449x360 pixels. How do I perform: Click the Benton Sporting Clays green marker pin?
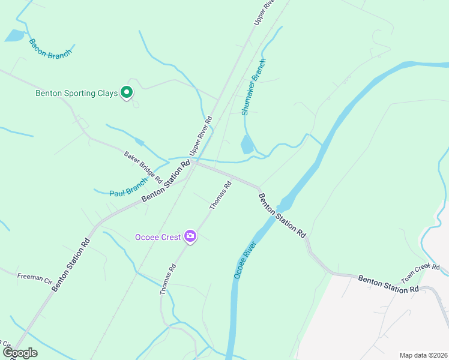127,92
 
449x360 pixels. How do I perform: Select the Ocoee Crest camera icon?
190,236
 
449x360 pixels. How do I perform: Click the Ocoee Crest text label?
158,237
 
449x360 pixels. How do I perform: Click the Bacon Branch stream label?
50,48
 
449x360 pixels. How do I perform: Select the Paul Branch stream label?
128,188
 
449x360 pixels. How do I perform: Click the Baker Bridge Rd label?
143,167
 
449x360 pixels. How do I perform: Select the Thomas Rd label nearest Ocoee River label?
169,280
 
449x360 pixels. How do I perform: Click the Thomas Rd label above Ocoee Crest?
220,196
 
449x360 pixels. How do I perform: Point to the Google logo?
20,352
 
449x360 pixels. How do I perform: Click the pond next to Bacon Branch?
13,36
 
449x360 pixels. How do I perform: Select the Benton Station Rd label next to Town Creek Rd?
388,283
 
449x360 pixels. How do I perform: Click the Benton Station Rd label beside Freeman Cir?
71,265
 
